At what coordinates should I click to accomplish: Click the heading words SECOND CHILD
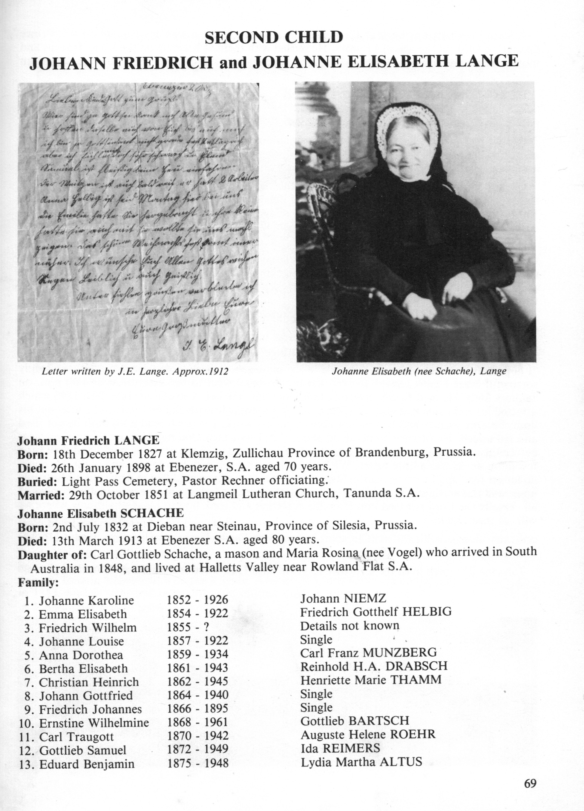tap(274, 38)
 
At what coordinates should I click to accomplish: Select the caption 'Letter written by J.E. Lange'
tap(135, 371)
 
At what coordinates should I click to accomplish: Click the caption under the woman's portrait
tap(419, 371)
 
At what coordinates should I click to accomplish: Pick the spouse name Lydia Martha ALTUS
tap(361, 762)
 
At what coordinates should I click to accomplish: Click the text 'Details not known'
tap(350, 625)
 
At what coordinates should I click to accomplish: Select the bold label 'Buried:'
tap(37, 482)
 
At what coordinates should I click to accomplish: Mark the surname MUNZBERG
tap(399, 652)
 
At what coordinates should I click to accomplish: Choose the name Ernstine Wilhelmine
tap(94, 722)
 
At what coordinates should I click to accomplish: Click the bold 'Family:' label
tap(38, 583)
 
